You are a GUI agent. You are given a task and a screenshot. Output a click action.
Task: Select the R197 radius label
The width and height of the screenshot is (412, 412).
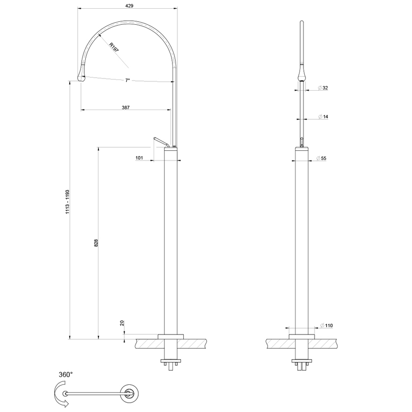pyautogui.click(x=113, y=47)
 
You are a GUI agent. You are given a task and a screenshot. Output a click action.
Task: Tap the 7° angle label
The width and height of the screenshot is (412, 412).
pyautogui.click(x=127, y=80)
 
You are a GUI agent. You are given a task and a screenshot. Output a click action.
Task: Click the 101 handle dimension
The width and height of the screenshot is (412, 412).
pyautogui.click(x=139, y=158)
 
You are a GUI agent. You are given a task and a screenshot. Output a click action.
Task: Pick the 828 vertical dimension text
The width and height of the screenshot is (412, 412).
pyautogui.click(x=96, y=243)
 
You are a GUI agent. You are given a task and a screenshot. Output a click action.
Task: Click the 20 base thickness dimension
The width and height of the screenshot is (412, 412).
pyautogui.click(x=122, y=323)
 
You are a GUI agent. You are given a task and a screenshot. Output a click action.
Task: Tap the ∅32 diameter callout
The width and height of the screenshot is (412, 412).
pyautogui.click(x=323, y=88)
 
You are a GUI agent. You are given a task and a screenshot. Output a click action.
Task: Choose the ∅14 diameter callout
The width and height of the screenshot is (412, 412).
pyautogui.click(x=323, y=117)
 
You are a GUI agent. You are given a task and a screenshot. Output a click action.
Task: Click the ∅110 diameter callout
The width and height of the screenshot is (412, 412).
pyautogui.click(x=326, y=326)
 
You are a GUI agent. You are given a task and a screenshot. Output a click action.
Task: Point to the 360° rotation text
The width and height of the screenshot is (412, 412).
pyautogui.click(x=65, y=374)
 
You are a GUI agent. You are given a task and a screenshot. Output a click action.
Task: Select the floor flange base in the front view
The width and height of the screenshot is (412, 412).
pyautogui.click(x=302, y=336)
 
